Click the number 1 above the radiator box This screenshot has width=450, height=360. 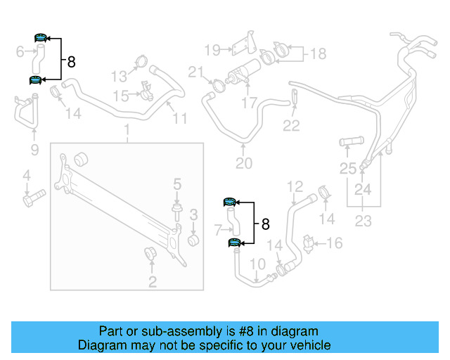click(127, 130)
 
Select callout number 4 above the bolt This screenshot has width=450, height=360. click(27, 175)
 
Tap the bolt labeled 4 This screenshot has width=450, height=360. click(32, 200)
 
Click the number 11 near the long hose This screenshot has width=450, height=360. click(180, 119)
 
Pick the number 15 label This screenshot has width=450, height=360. click(121, 95)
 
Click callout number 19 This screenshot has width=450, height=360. click(212, 49)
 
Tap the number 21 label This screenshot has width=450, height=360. click(195, 71)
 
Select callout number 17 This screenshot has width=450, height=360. click(250, 103)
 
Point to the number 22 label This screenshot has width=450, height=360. click(291, 126)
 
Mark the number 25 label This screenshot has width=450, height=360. click(348, 168)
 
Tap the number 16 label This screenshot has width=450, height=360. click(335, 243)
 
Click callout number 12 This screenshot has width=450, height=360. click(295, 186)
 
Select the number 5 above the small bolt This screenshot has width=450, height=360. click(177, 184)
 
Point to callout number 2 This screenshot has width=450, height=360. click(152, 283)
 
